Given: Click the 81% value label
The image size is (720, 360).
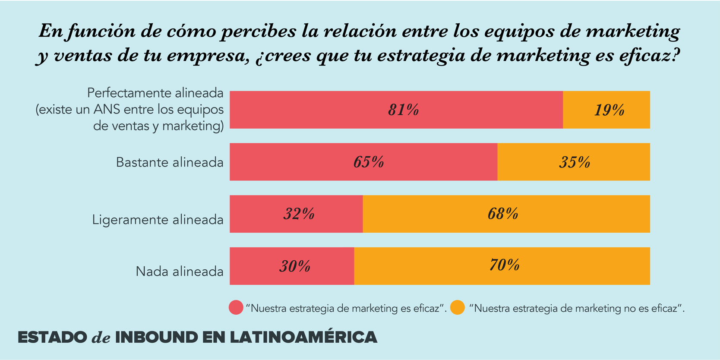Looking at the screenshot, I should [403, 110].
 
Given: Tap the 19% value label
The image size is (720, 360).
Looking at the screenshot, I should [609, 110].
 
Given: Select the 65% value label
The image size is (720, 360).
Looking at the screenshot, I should [369, 162].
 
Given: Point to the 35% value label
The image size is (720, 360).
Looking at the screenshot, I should [575, 162].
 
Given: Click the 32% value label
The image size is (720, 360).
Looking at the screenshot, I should [299, 214].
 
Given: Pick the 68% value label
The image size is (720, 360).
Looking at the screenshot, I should [503, 214].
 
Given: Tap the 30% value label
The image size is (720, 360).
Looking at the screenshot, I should [295, 266].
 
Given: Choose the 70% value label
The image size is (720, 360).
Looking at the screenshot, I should [504, 265].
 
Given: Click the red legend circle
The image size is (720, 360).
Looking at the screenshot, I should [236, 308].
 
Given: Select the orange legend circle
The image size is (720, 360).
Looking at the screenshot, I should [457, 308].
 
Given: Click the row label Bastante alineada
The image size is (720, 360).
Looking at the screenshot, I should [170, 163].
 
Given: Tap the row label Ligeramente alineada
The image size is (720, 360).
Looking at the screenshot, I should [158, 220].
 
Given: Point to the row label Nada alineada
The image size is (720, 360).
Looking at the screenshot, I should [180, 272].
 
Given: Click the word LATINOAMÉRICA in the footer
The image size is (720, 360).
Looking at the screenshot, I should [303, 338].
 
